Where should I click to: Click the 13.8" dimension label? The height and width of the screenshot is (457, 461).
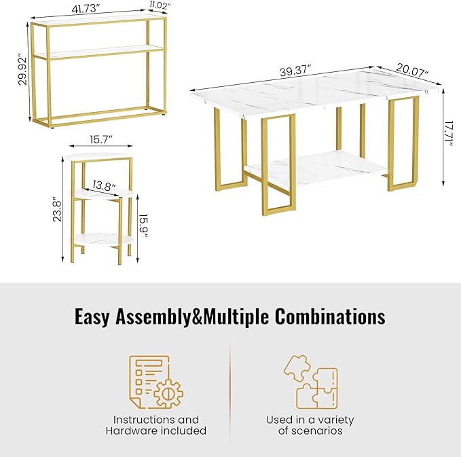pyautogui.click(x=104, y=185)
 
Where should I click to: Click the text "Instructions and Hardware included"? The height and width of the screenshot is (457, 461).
pyautogui.click(x=155, y=425)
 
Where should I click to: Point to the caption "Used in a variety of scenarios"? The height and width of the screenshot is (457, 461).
pyautogui.click(x=310, y=425)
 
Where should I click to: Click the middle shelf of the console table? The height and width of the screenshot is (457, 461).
pyautogui.click(x=98, y=51)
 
